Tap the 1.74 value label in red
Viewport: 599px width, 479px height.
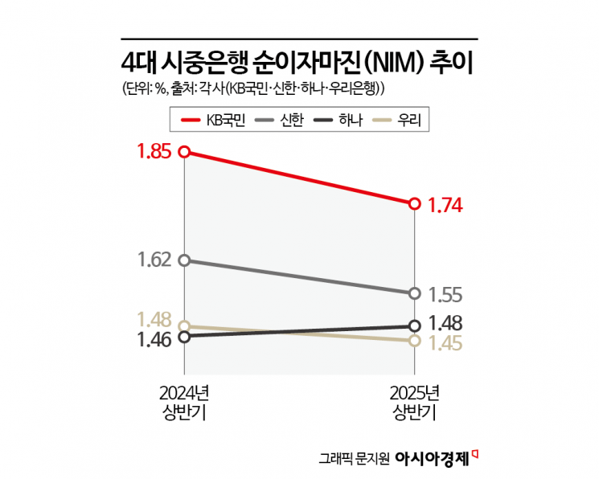click(x=444, y=205)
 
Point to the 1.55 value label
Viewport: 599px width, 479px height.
click(x=444, y=294)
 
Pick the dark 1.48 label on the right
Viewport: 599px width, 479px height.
click(x=444, y=323)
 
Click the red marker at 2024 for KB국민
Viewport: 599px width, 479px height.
click(x=184, y=152)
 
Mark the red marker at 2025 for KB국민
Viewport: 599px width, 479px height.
click(x=415, y=204)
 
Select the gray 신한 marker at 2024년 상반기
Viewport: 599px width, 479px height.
click(x=184, y=260)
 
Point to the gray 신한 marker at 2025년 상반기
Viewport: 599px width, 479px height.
click(x=415, y=293)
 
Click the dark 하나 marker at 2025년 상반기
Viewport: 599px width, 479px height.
click(x=415, y=325)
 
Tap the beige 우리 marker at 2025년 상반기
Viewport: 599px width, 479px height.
click(x=415, y=341)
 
